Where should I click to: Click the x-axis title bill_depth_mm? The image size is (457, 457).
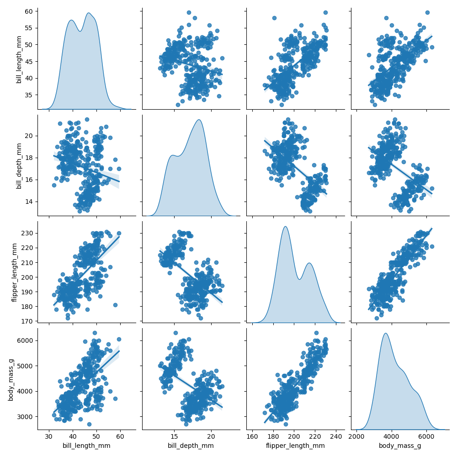tap(191, 446)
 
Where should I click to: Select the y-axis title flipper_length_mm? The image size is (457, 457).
tap(15, 272)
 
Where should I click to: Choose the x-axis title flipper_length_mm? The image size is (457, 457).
tap(295, 446)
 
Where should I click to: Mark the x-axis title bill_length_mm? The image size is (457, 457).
tap(86, 446)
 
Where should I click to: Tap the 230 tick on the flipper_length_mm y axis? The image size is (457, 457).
tap(27, 233)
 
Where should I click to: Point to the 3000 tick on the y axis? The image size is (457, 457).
tap(25, 416)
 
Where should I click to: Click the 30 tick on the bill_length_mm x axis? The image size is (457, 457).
tap(49, 436)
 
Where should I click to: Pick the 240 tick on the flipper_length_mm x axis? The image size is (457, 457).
tap(336, 436)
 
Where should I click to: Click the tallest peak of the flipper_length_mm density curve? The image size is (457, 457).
tap(285, 227)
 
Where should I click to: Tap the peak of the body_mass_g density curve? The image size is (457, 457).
tap(386, 333)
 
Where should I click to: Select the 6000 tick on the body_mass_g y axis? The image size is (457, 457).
tap(25, 340)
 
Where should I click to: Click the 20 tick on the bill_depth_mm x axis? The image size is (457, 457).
tap(212, 436)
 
